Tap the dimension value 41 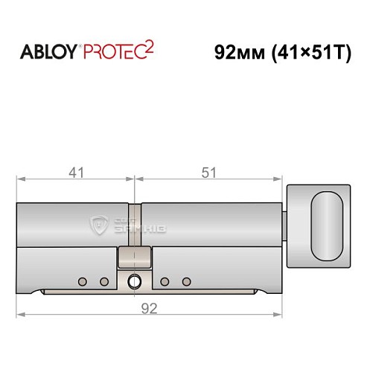[x=75, y=173]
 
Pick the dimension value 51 [x=209, y=173]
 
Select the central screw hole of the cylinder [x=134, y=282]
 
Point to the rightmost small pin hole [x=186, y=281]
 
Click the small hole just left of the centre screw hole [x=104, y=281]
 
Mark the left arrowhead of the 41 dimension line [x=19, y=179]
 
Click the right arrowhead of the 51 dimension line [x=283, y=179]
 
